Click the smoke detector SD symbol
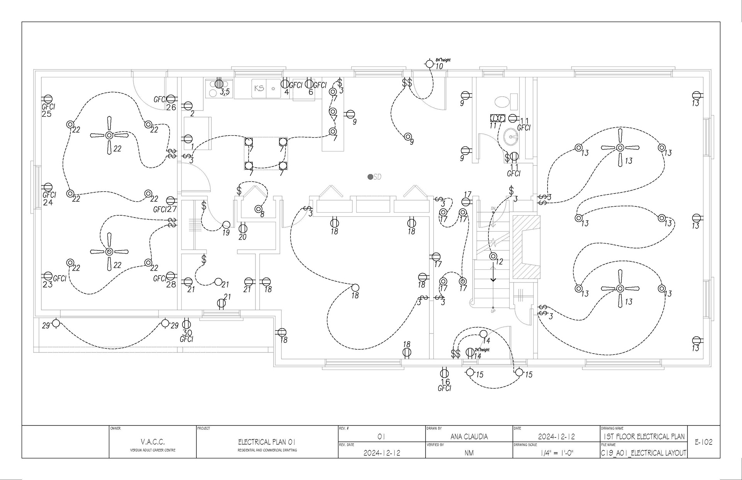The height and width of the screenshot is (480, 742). click(371, 177)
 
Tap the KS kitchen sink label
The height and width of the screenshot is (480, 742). click(259, 88)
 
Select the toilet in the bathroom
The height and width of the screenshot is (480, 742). click(502, 102)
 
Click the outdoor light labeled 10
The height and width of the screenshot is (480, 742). click(429, 64)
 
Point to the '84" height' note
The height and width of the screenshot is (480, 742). click(443, 60)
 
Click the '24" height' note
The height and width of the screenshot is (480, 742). click(482, 350)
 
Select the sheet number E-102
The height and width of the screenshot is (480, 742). click(704, 442)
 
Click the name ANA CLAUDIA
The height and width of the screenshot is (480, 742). click(469, 437)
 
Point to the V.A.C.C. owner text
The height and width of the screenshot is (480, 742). click(153, 442)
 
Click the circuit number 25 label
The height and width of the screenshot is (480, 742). click(47, 114)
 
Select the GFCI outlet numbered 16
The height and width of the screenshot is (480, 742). click(444, 373)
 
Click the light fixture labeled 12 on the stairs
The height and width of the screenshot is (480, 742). click(493, 256)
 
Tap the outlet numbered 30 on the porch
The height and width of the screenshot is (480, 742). click(186, 323)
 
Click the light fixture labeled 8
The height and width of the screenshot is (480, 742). click(258, 209)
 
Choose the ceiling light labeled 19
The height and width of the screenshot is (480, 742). click(226, 225)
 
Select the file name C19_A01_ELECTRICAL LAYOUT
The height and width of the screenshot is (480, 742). click(643, 453)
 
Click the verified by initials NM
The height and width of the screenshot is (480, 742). click(469, 453)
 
